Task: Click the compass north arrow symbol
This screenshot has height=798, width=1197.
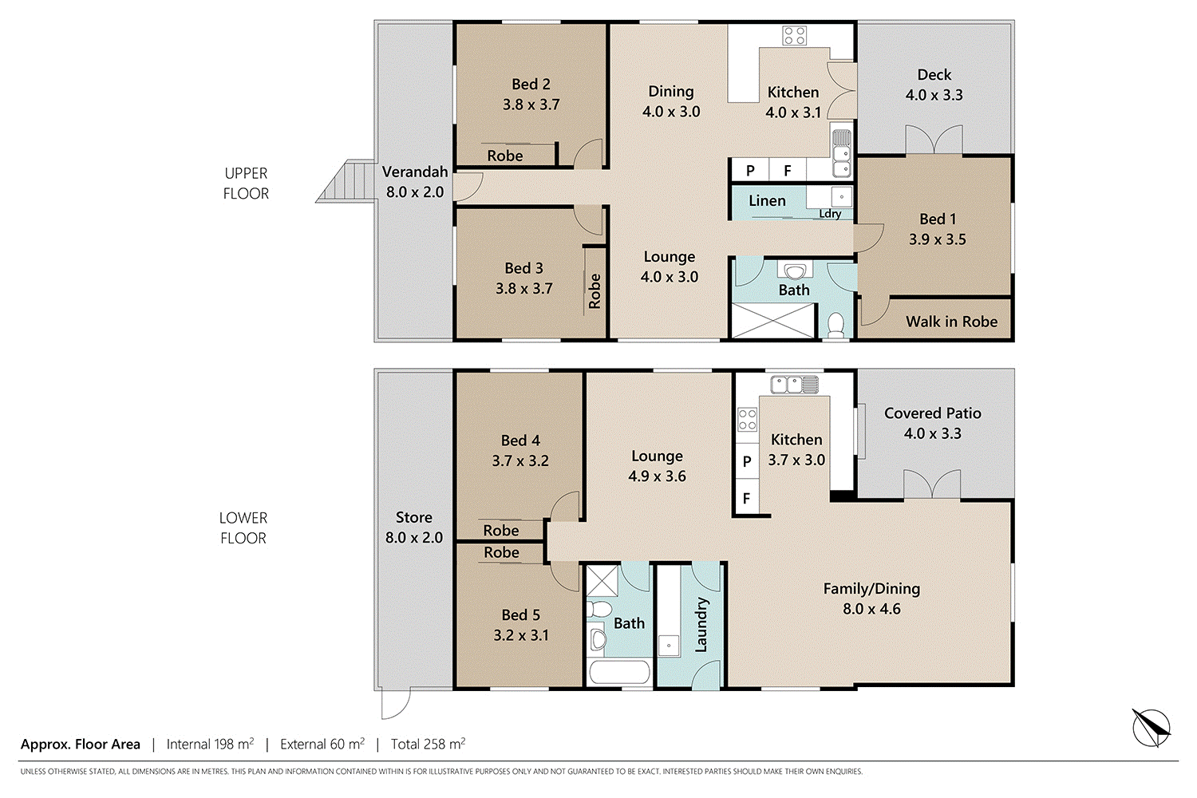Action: coord(1152,728)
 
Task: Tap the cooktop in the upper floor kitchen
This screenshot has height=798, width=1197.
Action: coord(794,36)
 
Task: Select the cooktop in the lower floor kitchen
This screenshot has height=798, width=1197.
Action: coord(747,419)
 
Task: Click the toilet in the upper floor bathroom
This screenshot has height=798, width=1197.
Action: coord(836,325)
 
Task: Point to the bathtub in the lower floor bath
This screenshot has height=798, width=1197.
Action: coord(619,672)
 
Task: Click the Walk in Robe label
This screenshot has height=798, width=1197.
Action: coord(952,322)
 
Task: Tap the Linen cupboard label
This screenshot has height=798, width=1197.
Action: coord(767,201)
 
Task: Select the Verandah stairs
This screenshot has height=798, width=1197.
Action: coord(346,180)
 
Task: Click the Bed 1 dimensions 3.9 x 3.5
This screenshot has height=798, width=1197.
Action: coord(938,239)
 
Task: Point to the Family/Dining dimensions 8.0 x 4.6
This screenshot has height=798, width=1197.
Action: coord(871,609)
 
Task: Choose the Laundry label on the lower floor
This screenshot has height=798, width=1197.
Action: coord(701,625)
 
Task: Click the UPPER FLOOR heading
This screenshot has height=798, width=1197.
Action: coord(246,184)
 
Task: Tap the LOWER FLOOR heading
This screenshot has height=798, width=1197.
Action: coord(243,528)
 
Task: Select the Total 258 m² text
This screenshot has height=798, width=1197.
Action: coord(428,744)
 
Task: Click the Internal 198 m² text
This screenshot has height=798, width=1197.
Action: coord(210,744)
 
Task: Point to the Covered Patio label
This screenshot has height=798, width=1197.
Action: coord(933,413)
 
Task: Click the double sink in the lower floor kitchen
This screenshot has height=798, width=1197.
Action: coord(794,385)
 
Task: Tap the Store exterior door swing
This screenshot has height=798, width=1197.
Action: coord(396,703)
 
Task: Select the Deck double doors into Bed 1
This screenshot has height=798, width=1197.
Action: coord(934,140)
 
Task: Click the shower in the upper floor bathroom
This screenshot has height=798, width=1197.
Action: coord(772,321)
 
